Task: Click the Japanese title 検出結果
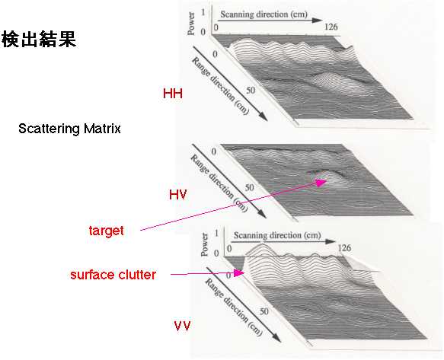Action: pos(39,39)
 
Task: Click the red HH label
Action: pos(173,94)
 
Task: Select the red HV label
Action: pos(177,195)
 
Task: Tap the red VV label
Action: pos(182,326)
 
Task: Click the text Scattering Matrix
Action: pos(69,129)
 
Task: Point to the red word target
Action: pos(106,231)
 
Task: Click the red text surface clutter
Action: pos(113,275)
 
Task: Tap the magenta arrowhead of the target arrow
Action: pos(321,183)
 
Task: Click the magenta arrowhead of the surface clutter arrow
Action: pos(238,272)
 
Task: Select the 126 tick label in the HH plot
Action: pos(331,27)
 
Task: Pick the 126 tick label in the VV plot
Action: pos(344,248)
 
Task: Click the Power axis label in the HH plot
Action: pos(191,23)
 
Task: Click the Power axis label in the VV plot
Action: pos(204,244)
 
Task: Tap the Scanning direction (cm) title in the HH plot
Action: pos(264,14)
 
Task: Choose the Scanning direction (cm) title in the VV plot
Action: pos(277,235)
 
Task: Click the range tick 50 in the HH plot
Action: pos(251,91)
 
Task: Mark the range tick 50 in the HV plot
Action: pos(249,187)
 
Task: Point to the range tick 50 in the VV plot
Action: pos(264,311)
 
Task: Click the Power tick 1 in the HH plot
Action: pos(203,13)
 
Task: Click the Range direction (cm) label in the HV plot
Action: pos(219,183)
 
